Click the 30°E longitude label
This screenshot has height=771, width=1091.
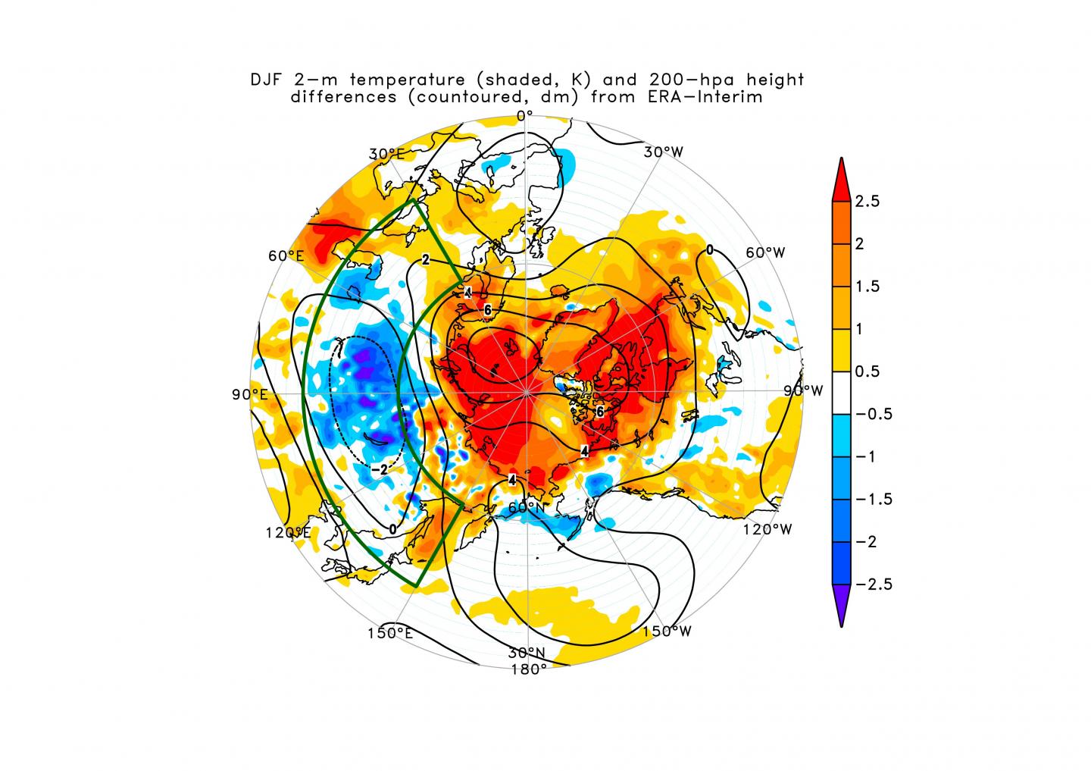[386, 154]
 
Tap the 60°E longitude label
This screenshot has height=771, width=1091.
[286, 255]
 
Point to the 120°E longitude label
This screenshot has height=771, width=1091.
[288, 532]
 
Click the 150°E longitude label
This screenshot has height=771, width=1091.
[390, 633]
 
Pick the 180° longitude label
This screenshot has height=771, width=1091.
[528, 669]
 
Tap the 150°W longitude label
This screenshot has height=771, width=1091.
[667, 631]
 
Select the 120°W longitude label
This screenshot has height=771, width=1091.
[767, 528]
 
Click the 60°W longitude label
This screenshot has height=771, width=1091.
[765, 252]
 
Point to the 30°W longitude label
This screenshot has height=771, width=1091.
[664, 152]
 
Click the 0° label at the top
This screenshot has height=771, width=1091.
[525, 115]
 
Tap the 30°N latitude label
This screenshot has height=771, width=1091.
[527, 653]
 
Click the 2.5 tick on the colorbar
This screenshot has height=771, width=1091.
[867, 202]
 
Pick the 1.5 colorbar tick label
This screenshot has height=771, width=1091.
[867, 287]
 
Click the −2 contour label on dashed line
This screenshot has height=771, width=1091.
[380, 469]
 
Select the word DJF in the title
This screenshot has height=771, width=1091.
[267, 80]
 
